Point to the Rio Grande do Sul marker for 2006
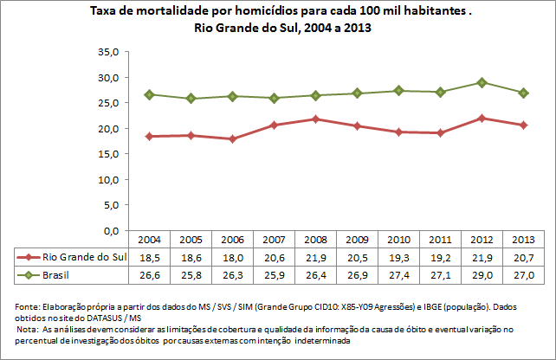point(233,138)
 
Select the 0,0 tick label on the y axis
point(109,231)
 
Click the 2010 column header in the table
point(398,240)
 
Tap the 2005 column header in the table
point(191,240)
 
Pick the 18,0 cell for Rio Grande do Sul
point(232,257)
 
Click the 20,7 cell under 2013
point(523,257)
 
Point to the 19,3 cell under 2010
point(398,257)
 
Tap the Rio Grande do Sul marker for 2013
point(524,125)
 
